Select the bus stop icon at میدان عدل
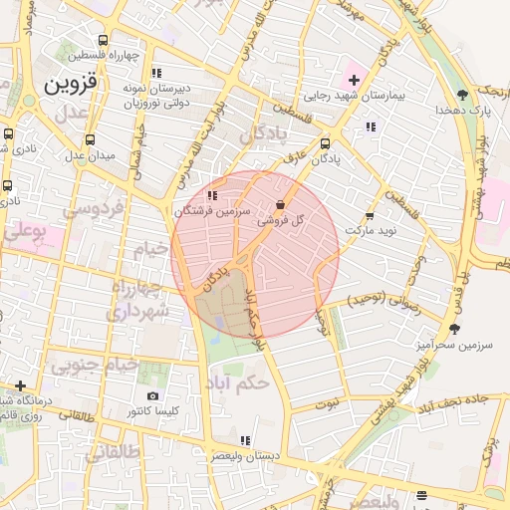91,140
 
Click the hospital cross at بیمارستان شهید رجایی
354,79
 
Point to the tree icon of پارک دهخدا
463,95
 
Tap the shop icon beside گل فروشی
281,205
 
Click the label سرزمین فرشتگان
207,210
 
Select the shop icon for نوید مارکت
370,215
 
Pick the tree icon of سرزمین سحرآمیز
455,328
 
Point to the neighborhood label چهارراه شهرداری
138,300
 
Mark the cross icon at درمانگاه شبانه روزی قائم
20,385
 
